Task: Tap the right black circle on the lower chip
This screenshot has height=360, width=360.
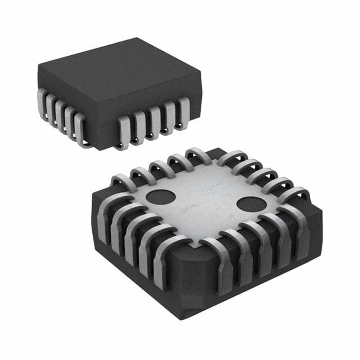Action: point(247,204)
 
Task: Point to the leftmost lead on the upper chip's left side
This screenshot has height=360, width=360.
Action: point(42,101)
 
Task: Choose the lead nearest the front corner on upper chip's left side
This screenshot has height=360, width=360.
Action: point(80,127)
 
